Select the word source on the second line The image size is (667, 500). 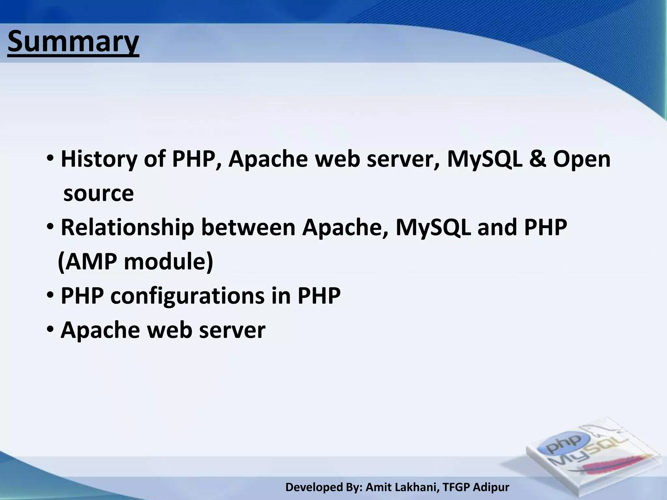click(x=98, y=193)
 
